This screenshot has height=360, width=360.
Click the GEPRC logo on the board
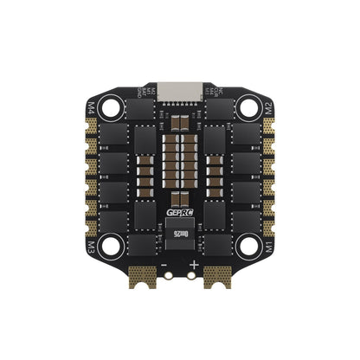[x=179, y=218]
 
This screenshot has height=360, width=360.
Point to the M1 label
[x=268, y=246]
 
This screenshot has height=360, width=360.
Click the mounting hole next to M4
[x=111, y=108]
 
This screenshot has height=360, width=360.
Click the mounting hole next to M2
[x=248, y=108]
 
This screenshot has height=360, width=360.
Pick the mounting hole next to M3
[x=111, y=247]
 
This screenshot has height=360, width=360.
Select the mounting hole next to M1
[x=248, y=247]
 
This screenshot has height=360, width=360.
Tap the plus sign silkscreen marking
[x=195, y=263]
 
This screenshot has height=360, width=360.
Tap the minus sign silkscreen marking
[x=165, y=263]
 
